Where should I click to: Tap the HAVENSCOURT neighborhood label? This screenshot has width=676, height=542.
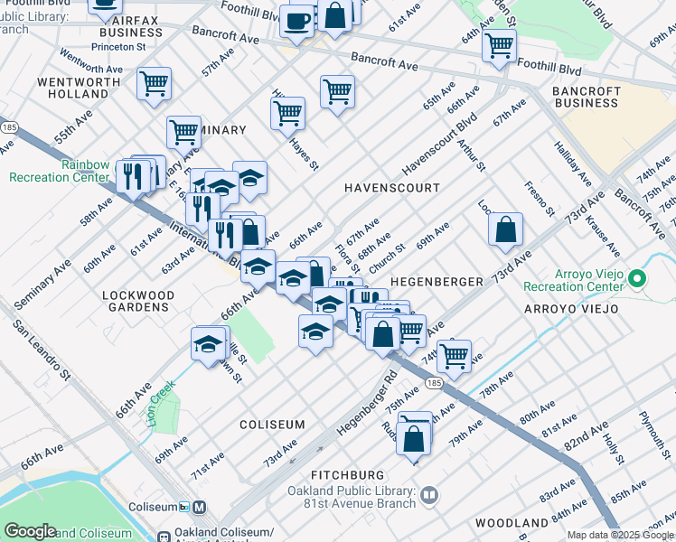(392, 188)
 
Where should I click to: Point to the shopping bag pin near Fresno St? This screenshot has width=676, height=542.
(505, 229)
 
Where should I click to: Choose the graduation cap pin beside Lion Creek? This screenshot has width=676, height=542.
(208, 344)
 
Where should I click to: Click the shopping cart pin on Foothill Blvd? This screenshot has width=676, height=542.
(499, 44)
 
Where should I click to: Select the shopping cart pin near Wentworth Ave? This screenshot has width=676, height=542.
(155, 83)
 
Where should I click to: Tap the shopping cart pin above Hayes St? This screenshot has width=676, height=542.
(287, 113)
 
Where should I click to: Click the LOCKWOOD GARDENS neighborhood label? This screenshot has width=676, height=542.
(138, 302)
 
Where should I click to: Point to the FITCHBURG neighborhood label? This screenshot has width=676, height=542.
(348, 474)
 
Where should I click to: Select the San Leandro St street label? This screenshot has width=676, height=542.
(41, 347)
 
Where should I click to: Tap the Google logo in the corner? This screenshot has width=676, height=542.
(30, 531)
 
